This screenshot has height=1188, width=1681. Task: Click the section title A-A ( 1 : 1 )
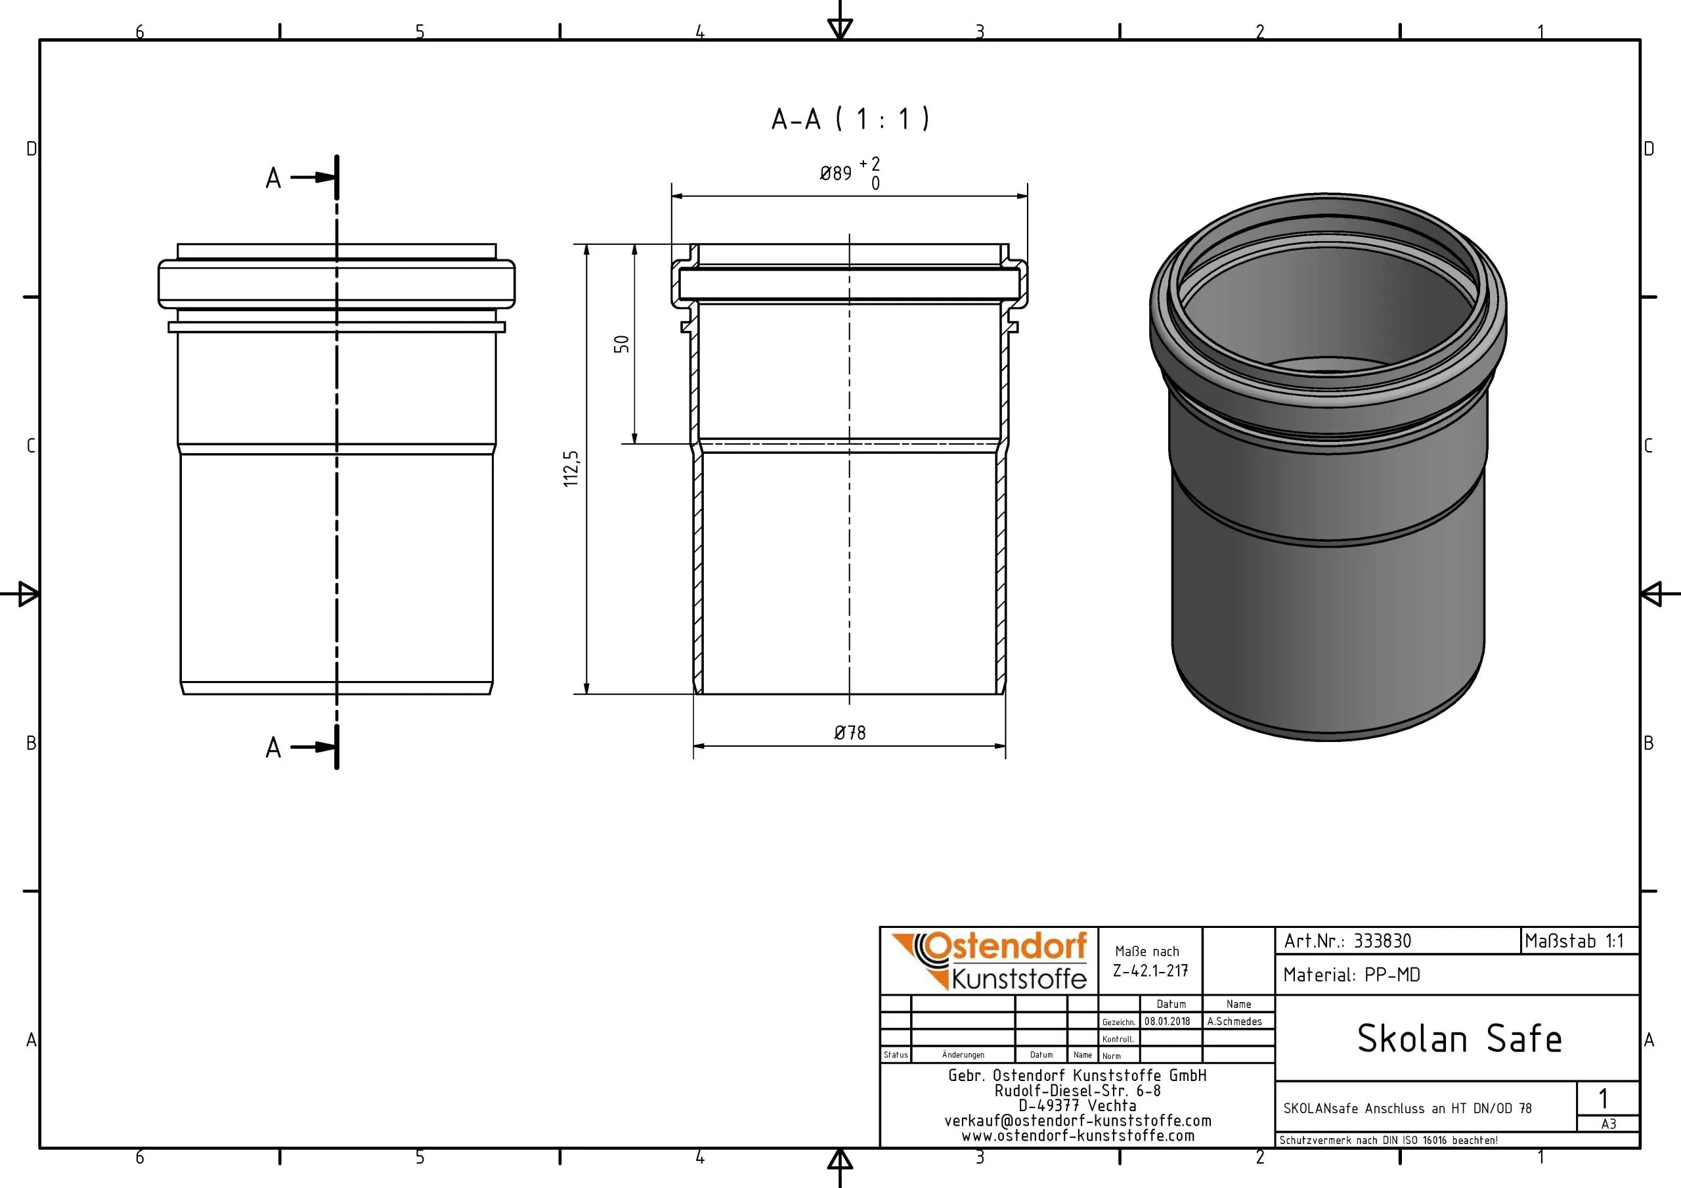[850, 119]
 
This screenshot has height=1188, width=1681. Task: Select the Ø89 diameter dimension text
[835, 173]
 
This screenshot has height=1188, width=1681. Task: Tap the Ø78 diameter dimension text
[849, 732]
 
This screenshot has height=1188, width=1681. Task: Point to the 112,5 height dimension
[571, 469]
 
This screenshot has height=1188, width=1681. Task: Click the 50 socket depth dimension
[622, 343]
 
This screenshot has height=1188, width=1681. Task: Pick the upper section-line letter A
[273, 178]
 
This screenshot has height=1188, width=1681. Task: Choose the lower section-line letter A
[273, 748]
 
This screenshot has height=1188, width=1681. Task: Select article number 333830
[1382, 940]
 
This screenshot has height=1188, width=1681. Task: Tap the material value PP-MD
[1393, 975]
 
